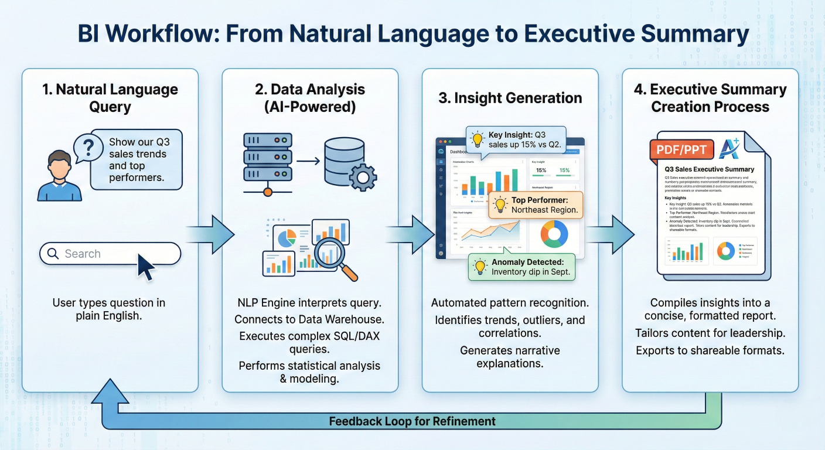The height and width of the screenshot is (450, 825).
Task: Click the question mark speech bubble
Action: [87, 146]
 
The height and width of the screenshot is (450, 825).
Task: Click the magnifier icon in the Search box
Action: [53, 254]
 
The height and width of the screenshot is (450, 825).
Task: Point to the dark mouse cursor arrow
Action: [146, 267]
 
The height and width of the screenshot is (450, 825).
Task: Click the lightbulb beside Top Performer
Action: [500, 204]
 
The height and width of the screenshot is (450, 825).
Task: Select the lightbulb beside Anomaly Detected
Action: [480, 267]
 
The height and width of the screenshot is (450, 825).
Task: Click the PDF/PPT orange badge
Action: [681, 149]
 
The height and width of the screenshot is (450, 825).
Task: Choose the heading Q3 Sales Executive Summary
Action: [710, 169]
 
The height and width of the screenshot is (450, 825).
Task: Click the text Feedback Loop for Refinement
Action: [412, 421]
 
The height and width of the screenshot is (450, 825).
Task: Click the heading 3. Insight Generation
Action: [510, 98]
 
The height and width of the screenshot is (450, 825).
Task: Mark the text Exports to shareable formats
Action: [710, 350]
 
